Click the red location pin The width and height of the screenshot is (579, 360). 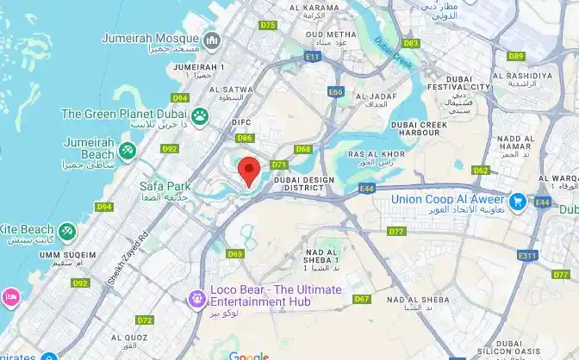point(249,171)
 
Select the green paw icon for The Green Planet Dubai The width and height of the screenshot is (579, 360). point(201,115)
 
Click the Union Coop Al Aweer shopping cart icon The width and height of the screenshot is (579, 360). point(518,200)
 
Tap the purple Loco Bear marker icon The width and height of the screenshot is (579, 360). point(197,298)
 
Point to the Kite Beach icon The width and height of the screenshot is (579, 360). point(67,231)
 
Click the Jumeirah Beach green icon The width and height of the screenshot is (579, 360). point(128,152)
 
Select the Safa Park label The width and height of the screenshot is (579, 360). point(165,186)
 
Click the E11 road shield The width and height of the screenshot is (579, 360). point(312,57)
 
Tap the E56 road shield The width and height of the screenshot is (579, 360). point(336,91)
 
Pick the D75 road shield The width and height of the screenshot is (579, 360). point(268,25)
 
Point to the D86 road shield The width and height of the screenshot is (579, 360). point(245,138)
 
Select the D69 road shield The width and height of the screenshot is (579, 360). point(235,253)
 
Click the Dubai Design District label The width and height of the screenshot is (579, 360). point(302,184)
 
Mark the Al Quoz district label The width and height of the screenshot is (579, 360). point(131,338)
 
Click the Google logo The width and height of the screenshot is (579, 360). point(249,354)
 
